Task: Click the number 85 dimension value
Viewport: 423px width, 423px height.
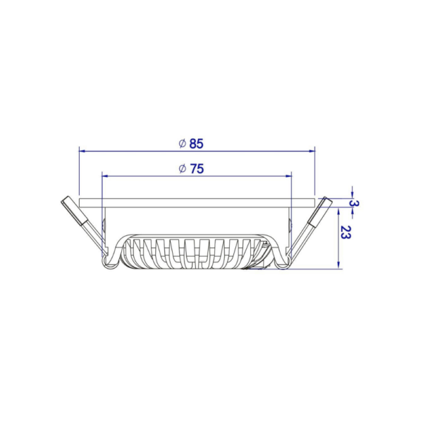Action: [x=196, y=144]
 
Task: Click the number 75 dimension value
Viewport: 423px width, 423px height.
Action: [x=197, y=169]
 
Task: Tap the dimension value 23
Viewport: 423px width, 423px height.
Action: [x=345, y=232]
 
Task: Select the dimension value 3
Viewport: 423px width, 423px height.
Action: [x=354, y=203]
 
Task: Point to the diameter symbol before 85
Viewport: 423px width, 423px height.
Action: [x=183, y=144]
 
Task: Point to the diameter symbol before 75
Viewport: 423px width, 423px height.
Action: [x=183, y=169]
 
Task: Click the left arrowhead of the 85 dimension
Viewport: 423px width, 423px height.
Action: [x=82, y=151]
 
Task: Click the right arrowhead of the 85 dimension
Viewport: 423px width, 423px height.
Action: [x=312, y=151]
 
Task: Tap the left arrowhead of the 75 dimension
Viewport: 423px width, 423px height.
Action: [x=105, y=176]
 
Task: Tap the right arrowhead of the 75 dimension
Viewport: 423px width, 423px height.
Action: [x=289, y=176]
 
